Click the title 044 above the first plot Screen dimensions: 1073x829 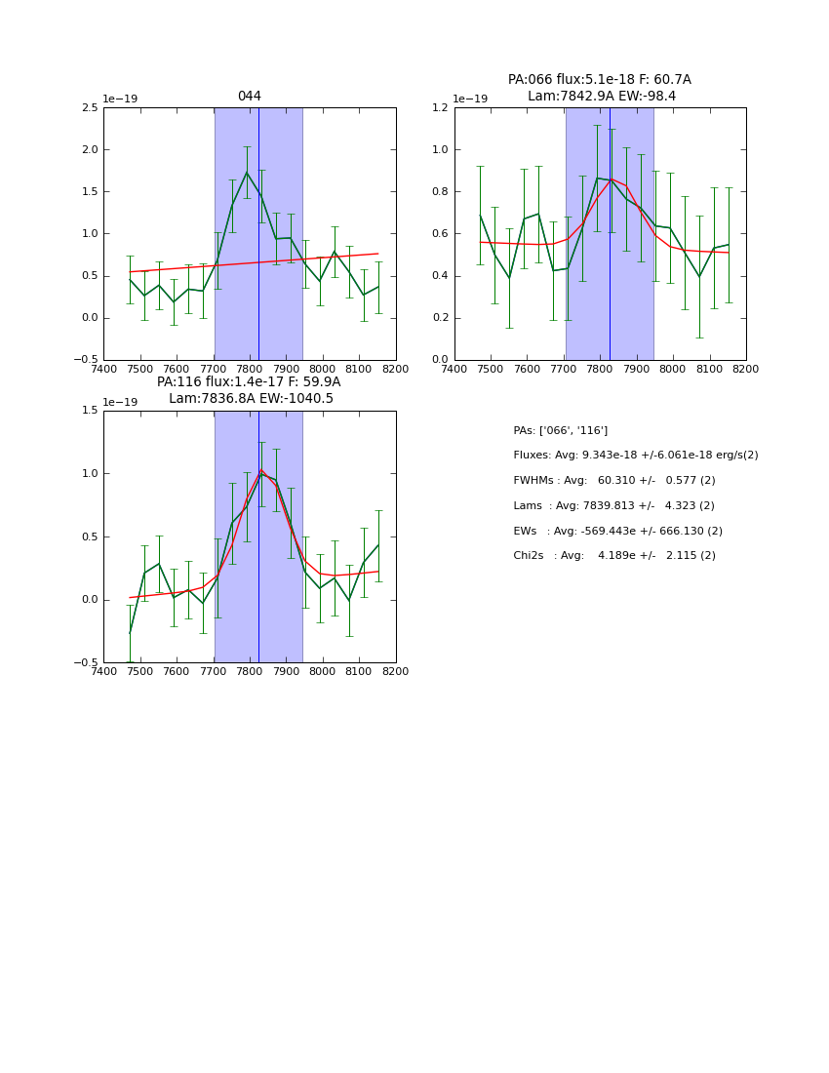click(x=249, y=96)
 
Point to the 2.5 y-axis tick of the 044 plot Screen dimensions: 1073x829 click(x=89, y=107)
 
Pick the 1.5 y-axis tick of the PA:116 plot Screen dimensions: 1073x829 click(x=89, y=411)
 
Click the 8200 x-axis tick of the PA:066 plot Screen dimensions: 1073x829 click(x=746, y=368)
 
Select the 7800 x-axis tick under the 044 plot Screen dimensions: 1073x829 click(x=250, y=368)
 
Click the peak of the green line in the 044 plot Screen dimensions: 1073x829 click(x=247, y=173)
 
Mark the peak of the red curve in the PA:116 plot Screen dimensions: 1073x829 click(x=261, y=470)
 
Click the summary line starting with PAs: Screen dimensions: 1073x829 click(x=560, y=430)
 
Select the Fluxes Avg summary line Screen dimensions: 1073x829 click(x=635, y=456)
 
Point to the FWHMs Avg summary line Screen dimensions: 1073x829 click(x=613, y=480)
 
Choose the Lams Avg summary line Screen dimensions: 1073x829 click(x=613, y=505)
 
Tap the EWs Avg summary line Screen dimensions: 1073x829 click(x=617, y=531)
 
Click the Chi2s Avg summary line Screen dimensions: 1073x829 click(x=613, y=555)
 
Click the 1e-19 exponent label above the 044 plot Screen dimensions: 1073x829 click(x=120, y=99)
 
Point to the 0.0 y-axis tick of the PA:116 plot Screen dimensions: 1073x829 click(x=89, y=600)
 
